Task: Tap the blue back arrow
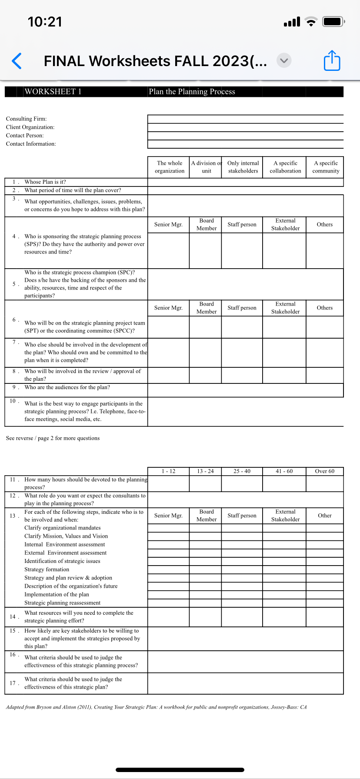tap(17, 61)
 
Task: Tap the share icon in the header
tap(332, 60)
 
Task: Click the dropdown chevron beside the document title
tap(284, 60)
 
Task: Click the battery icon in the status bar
tap(333, 21)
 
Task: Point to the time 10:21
tap(45, 22)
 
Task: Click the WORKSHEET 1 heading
tap(53, 92)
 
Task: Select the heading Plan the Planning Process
tap(192, 92)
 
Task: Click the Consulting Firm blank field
tap(245, 119)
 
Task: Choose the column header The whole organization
tap(169, 167)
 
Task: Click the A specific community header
tap(325, 167)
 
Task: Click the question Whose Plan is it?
tap(45, 182)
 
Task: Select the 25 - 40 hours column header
tap(242, 471)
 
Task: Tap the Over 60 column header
tap(324, 471)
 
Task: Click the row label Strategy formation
tap(47, 569)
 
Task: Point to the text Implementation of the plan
tap(57, 595)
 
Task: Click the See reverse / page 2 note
tap(53, 438)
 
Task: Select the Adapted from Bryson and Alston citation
tap(156, 707)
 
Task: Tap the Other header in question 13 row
tap(324, 516)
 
